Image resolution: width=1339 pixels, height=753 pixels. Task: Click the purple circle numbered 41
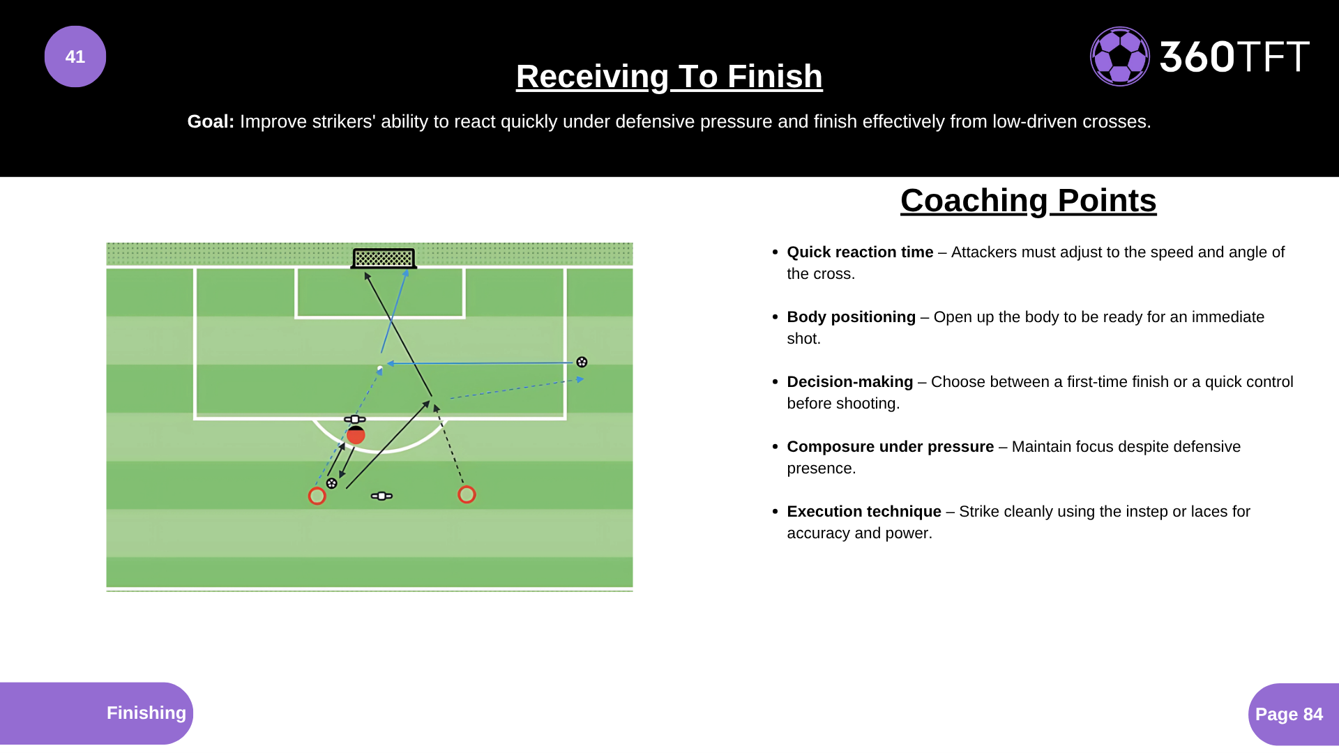[x=75, y=56]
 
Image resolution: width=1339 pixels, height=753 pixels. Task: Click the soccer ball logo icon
[x=1119, y=56]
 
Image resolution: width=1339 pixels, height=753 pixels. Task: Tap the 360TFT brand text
[x=1234, y=56]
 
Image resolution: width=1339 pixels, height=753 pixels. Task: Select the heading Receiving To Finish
[x=669, y=76]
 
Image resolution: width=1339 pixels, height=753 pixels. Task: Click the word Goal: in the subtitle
[x=211, y=121]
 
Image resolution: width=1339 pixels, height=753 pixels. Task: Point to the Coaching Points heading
[x=1028, y=201]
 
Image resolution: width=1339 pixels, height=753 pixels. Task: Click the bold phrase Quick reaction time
[x=859, y=252]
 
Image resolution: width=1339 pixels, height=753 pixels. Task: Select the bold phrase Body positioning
[x=851, y=317]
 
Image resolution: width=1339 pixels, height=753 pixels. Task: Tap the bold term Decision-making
[x=849, y=382]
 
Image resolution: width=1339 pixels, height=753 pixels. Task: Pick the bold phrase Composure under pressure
[x=890, y=447]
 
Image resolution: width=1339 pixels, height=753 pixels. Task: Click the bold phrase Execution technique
[x=863, y=512]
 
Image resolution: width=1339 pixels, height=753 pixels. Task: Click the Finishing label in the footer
[x=146, y=713]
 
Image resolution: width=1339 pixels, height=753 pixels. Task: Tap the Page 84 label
[x=1289, y=714]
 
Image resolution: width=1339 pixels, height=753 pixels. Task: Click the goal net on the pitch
[x=384, y=258]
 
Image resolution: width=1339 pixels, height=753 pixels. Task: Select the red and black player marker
[x=356, y=435]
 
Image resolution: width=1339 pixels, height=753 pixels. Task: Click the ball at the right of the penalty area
[x=582, y=362]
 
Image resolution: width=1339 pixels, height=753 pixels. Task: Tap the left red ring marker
[x=317, y=496]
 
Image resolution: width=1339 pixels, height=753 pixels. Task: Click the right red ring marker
[x=467, y=494]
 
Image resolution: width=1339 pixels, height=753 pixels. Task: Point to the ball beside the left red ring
[x=332, y=483]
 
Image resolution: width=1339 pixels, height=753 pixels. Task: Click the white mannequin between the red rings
[x=381, y=496]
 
